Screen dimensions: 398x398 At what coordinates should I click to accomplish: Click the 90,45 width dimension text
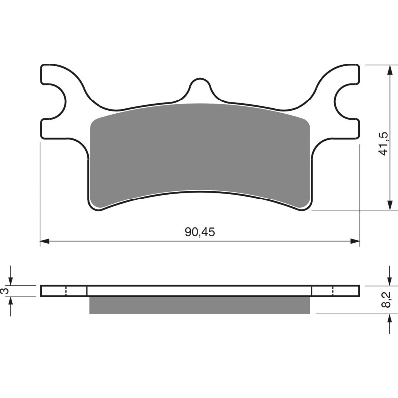coord(199,232)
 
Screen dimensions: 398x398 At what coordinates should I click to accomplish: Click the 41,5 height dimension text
coord(383,144)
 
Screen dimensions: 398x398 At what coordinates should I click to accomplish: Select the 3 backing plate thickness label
coord(6,291)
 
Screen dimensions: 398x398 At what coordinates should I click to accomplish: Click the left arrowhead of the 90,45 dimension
coord(44,241)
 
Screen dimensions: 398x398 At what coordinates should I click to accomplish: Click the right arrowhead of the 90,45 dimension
coord(355,241)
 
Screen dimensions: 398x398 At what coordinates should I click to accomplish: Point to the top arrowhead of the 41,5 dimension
coord(388,68)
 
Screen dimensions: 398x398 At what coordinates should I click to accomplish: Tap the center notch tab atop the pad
coord(199,87)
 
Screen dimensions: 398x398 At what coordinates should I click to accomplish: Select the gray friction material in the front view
coord(199,154)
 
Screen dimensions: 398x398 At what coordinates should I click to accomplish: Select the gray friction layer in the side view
coord(199,305)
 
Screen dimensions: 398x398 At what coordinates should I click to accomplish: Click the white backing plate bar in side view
coord(199,291)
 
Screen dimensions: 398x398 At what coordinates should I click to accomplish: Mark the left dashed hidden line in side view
coord(66,291)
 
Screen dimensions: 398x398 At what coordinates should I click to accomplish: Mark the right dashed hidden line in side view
coord(333,291)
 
